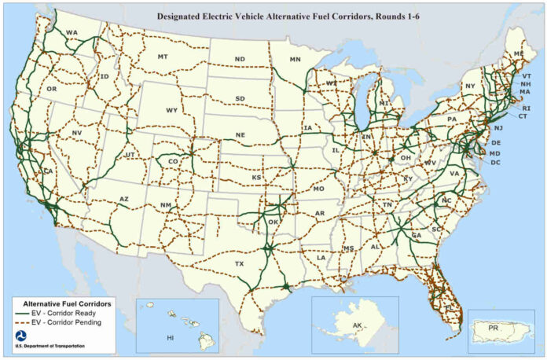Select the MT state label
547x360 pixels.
(x=163, y=57)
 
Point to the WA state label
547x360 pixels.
(x=72, y=32)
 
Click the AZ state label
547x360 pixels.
(x=123, y=200)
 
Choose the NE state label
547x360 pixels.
(x=240, y=135)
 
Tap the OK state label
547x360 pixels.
(x=273, y=222)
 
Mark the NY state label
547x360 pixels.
(x=470, y=86)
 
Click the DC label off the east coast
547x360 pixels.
(x=495, y=162)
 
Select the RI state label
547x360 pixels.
(x=526, y=108)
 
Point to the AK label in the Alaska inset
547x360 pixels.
(x=358, y=325)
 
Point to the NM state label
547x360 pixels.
(x=166, y=205)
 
